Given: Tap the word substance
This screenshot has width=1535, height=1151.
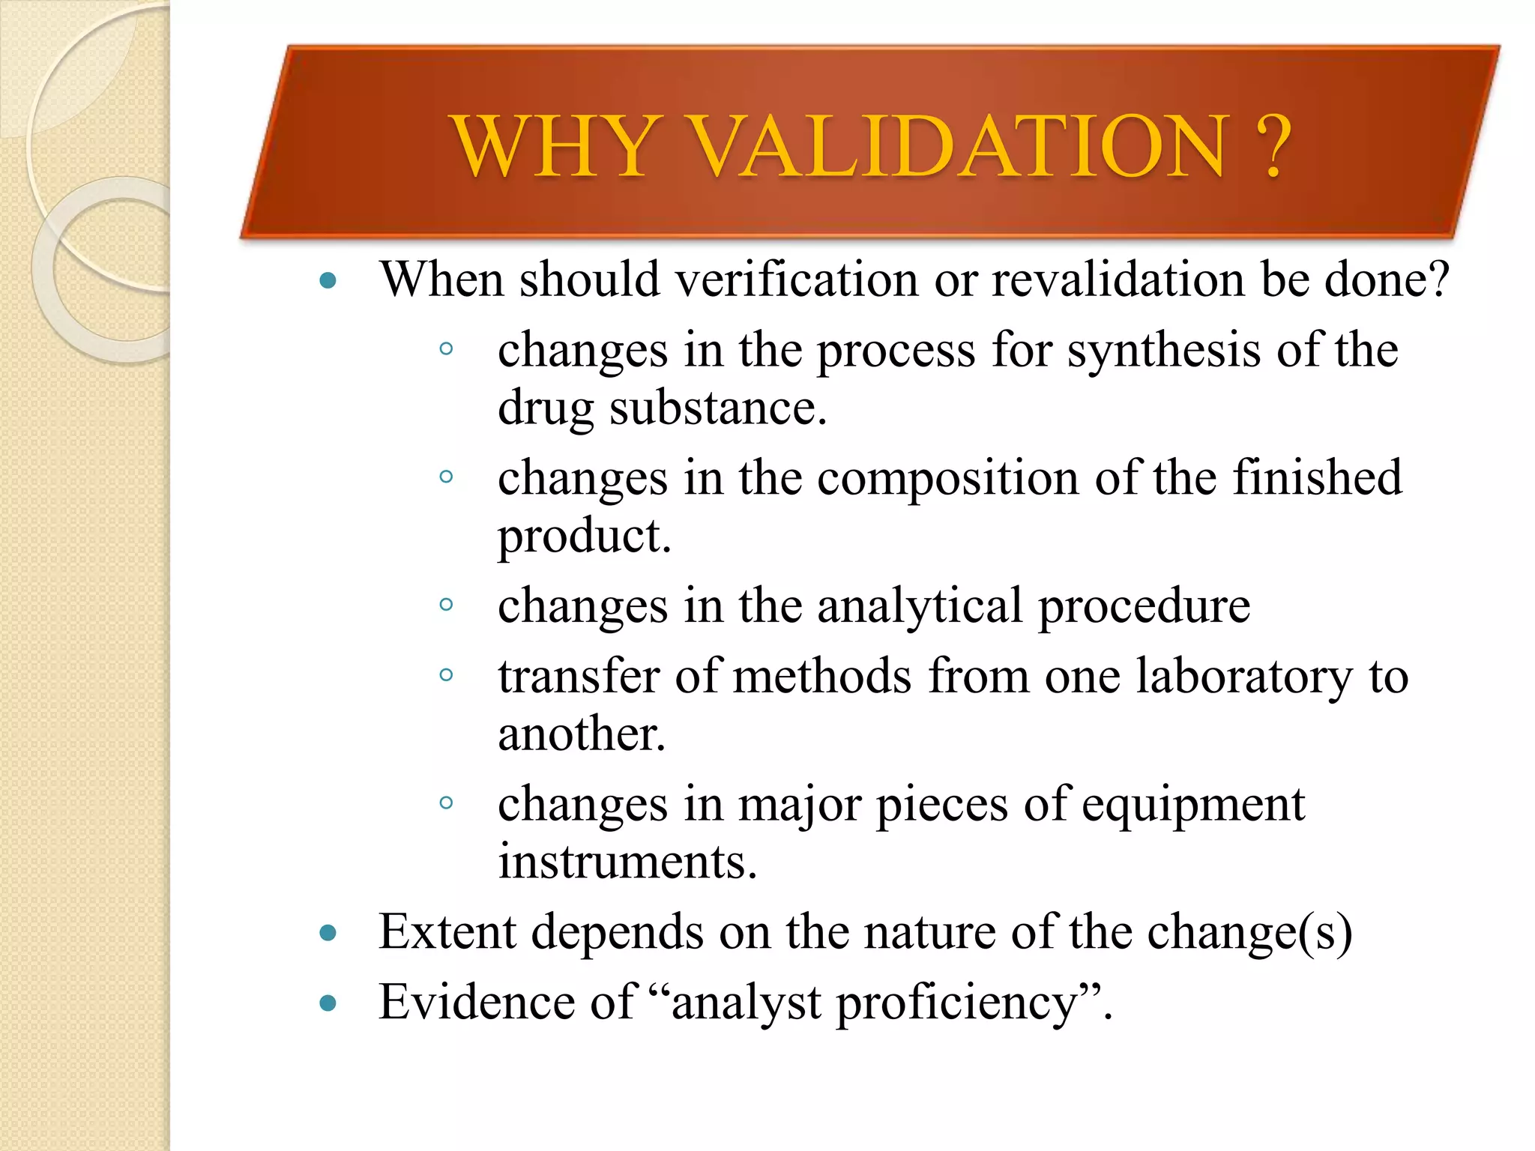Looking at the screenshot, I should [x=718, y=408].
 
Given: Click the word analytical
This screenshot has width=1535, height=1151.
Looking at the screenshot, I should [x=919, y=605].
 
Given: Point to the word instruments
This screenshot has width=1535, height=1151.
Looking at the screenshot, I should [x=627, y=862].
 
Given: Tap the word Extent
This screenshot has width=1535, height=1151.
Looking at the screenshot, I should [x=447, y=932].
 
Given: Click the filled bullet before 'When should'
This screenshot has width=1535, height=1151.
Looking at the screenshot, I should [x=328, y=282].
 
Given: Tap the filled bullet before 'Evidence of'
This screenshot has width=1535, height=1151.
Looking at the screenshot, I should [x=328, y=1003].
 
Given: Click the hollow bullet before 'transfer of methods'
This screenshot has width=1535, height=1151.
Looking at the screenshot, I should [x=446, y=675].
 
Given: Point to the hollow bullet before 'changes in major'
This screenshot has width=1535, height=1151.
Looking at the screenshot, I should [x=446, y=803].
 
